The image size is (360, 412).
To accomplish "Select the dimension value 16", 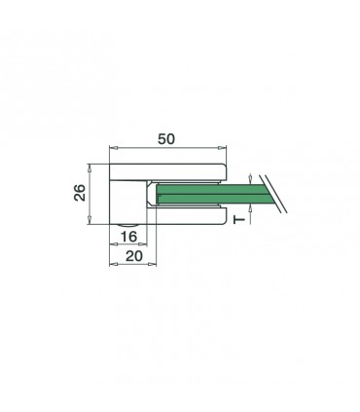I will coord(127,237).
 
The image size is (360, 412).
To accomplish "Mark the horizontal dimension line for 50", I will coord(166,148).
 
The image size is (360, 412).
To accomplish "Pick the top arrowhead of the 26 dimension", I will coord(94,167).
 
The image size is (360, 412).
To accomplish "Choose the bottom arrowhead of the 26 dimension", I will coord(94,222).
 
